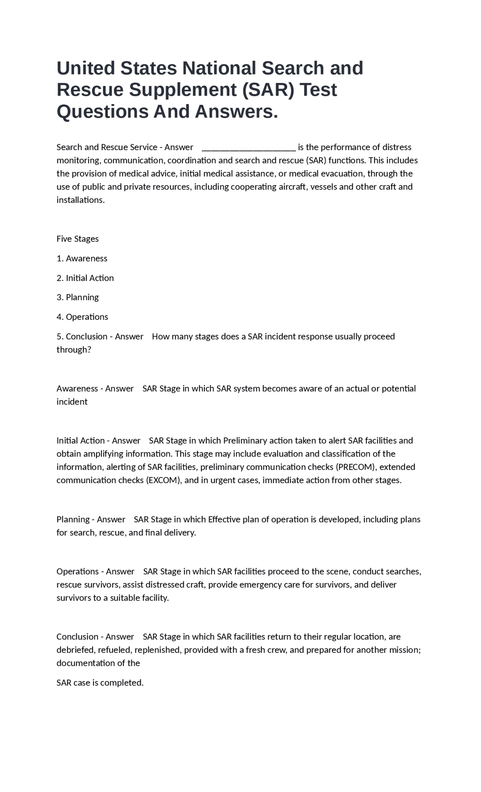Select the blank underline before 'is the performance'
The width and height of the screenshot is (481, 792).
[x=249, y=147]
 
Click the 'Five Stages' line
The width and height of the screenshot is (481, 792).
[x=77, y=239]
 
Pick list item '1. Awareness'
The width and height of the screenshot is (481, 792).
[x=82, y=258]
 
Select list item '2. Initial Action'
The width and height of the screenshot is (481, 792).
[x=85, y=278]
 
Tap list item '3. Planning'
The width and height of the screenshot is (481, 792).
[x=77, y=297]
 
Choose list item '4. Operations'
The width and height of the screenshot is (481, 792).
[x=82, y=317]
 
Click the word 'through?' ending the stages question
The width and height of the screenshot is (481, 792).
[x=74, y=350]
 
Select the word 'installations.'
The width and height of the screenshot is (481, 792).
[x=80, y=200]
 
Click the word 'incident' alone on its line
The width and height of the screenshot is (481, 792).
[x=72, y=402]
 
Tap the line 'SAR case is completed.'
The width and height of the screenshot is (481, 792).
[x=100, y=683]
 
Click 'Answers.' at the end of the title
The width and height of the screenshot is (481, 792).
[x=236, y=112]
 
